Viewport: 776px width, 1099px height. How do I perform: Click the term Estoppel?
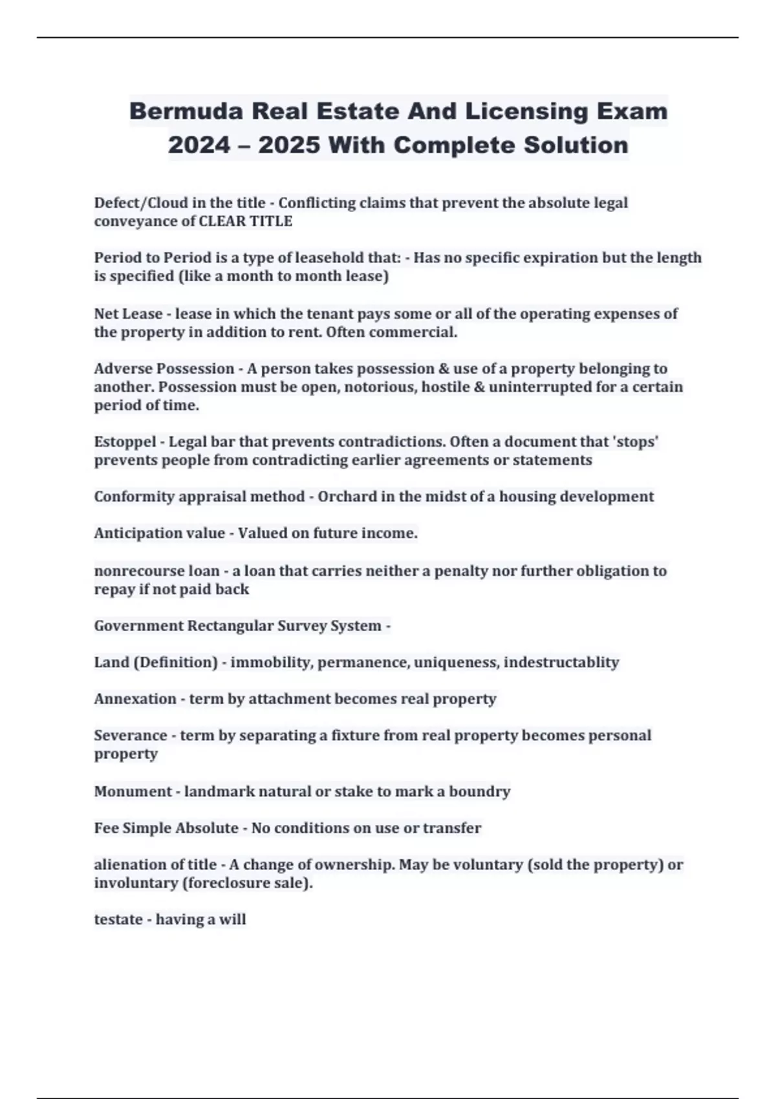point(125,442)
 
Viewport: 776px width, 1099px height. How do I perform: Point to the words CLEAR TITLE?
point(245,221)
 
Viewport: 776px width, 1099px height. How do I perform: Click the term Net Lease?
point(128,314)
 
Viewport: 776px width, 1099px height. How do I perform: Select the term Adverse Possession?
point(164,368)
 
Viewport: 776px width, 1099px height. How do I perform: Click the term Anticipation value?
point(160,533)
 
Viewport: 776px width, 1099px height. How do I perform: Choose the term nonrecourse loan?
point(157,571)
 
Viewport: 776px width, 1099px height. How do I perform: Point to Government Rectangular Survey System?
point(238,626)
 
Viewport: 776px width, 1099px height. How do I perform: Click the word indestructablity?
point(561,662)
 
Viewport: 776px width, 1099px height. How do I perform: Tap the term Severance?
point(131,735)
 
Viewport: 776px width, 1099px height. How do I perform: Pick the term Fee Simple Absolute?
point(166,828)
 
